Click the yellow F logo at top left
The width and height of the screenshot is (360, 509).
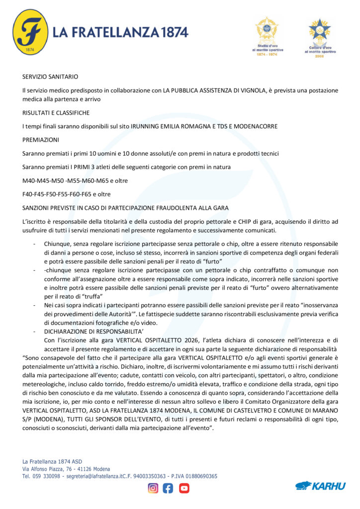(30, 32)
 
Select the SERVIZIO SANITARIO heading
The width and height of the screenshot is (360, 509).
(50, 77)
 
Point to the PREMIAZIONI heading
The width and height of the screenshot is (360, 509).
(41, 140)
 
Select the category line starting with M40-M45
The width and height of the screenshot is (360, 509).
(75, 180)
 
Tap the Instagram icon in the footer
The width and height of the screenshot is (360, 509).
(153, 488)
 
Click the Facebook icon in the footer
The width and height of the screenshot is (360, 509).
(169, 488)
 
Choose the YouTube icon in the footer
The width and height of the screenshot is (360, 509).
(184, 488)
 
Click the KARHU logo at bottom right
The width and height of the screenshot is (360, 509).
(320, 486)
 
